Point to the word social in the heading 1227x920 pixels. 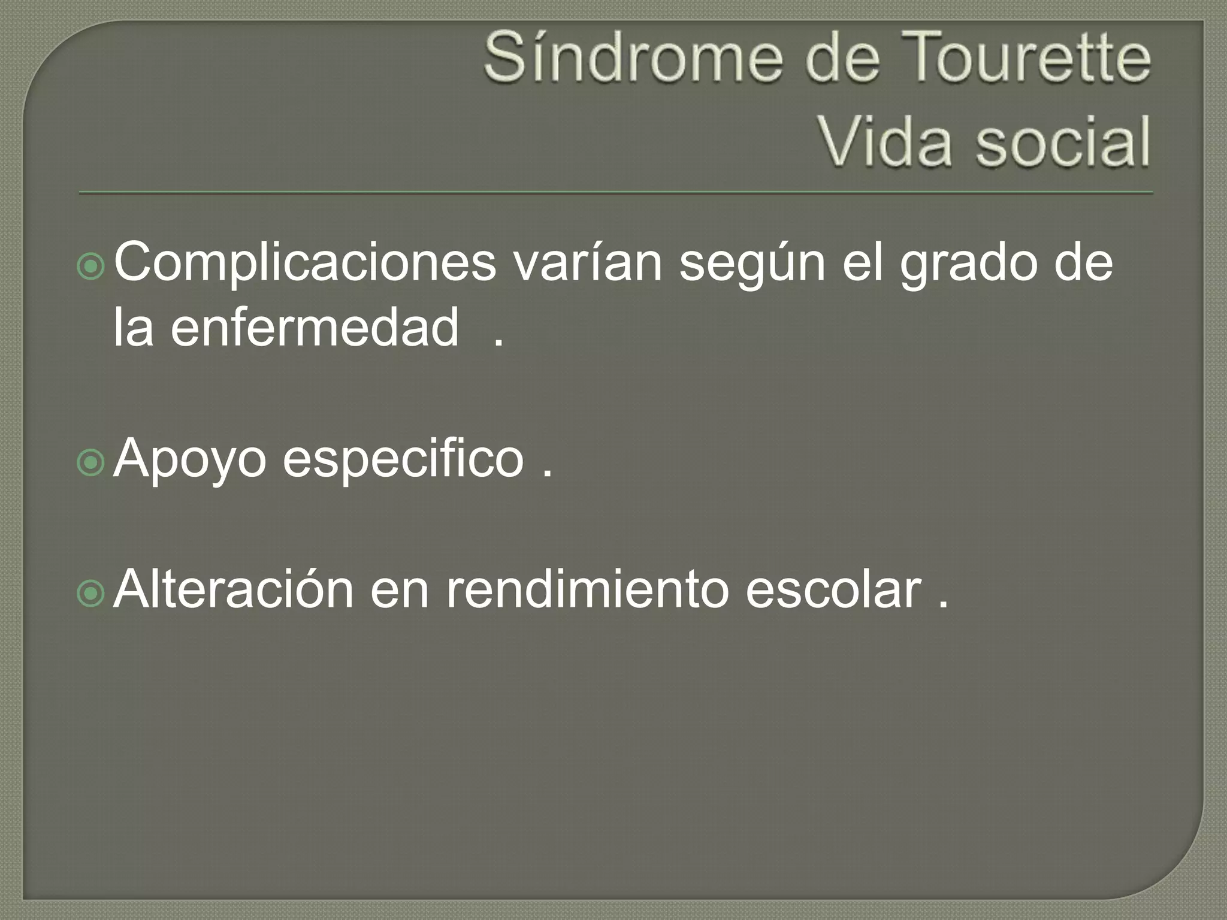[x=1063, y=143]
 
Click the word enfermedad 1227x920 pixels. [x=315, y=328]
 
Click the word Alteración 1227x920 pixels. [x=234, y=590]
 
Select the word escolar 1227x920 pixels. [x=833, y=590]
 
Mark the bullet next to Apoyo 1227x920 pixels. [x=92, y=463]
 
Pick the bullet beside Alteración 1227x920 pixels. [x=92, y=594]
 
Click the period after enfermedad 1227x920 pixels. [x=498, y=344]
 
